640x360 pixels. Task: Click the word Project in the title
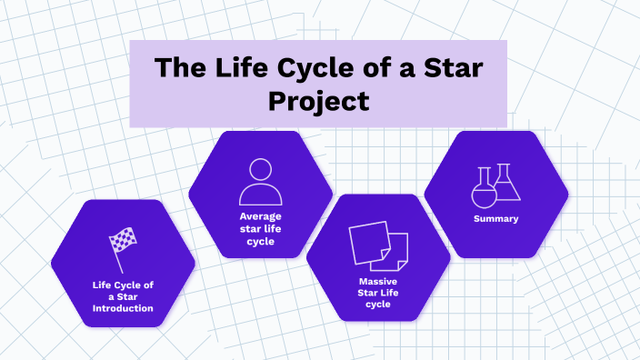pyautogui.click(x=318, y=101)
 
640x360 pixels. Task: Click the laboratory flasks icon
pyautogui.click(x=496, y=185)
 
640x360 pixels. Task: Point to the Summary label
pyautogui.click(x=496, y=219)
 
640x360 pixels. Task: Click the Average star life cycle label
pyautogui.click(x=261, y=229)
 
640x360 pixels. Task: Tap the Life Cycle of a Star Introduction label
pyautogui.click(x=123, y=296)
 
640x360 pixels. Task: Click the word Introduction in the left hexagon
pyautogui.click(x=123, y=309)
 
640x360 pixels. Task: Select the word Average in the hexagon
pyautogui.click(x=261, y=216)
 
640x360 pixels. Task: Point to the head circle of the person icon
pyautogui.click(x=261, y=170)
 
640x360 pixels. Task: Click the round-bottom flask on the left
pyautogui.click(x=484, y=190)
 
